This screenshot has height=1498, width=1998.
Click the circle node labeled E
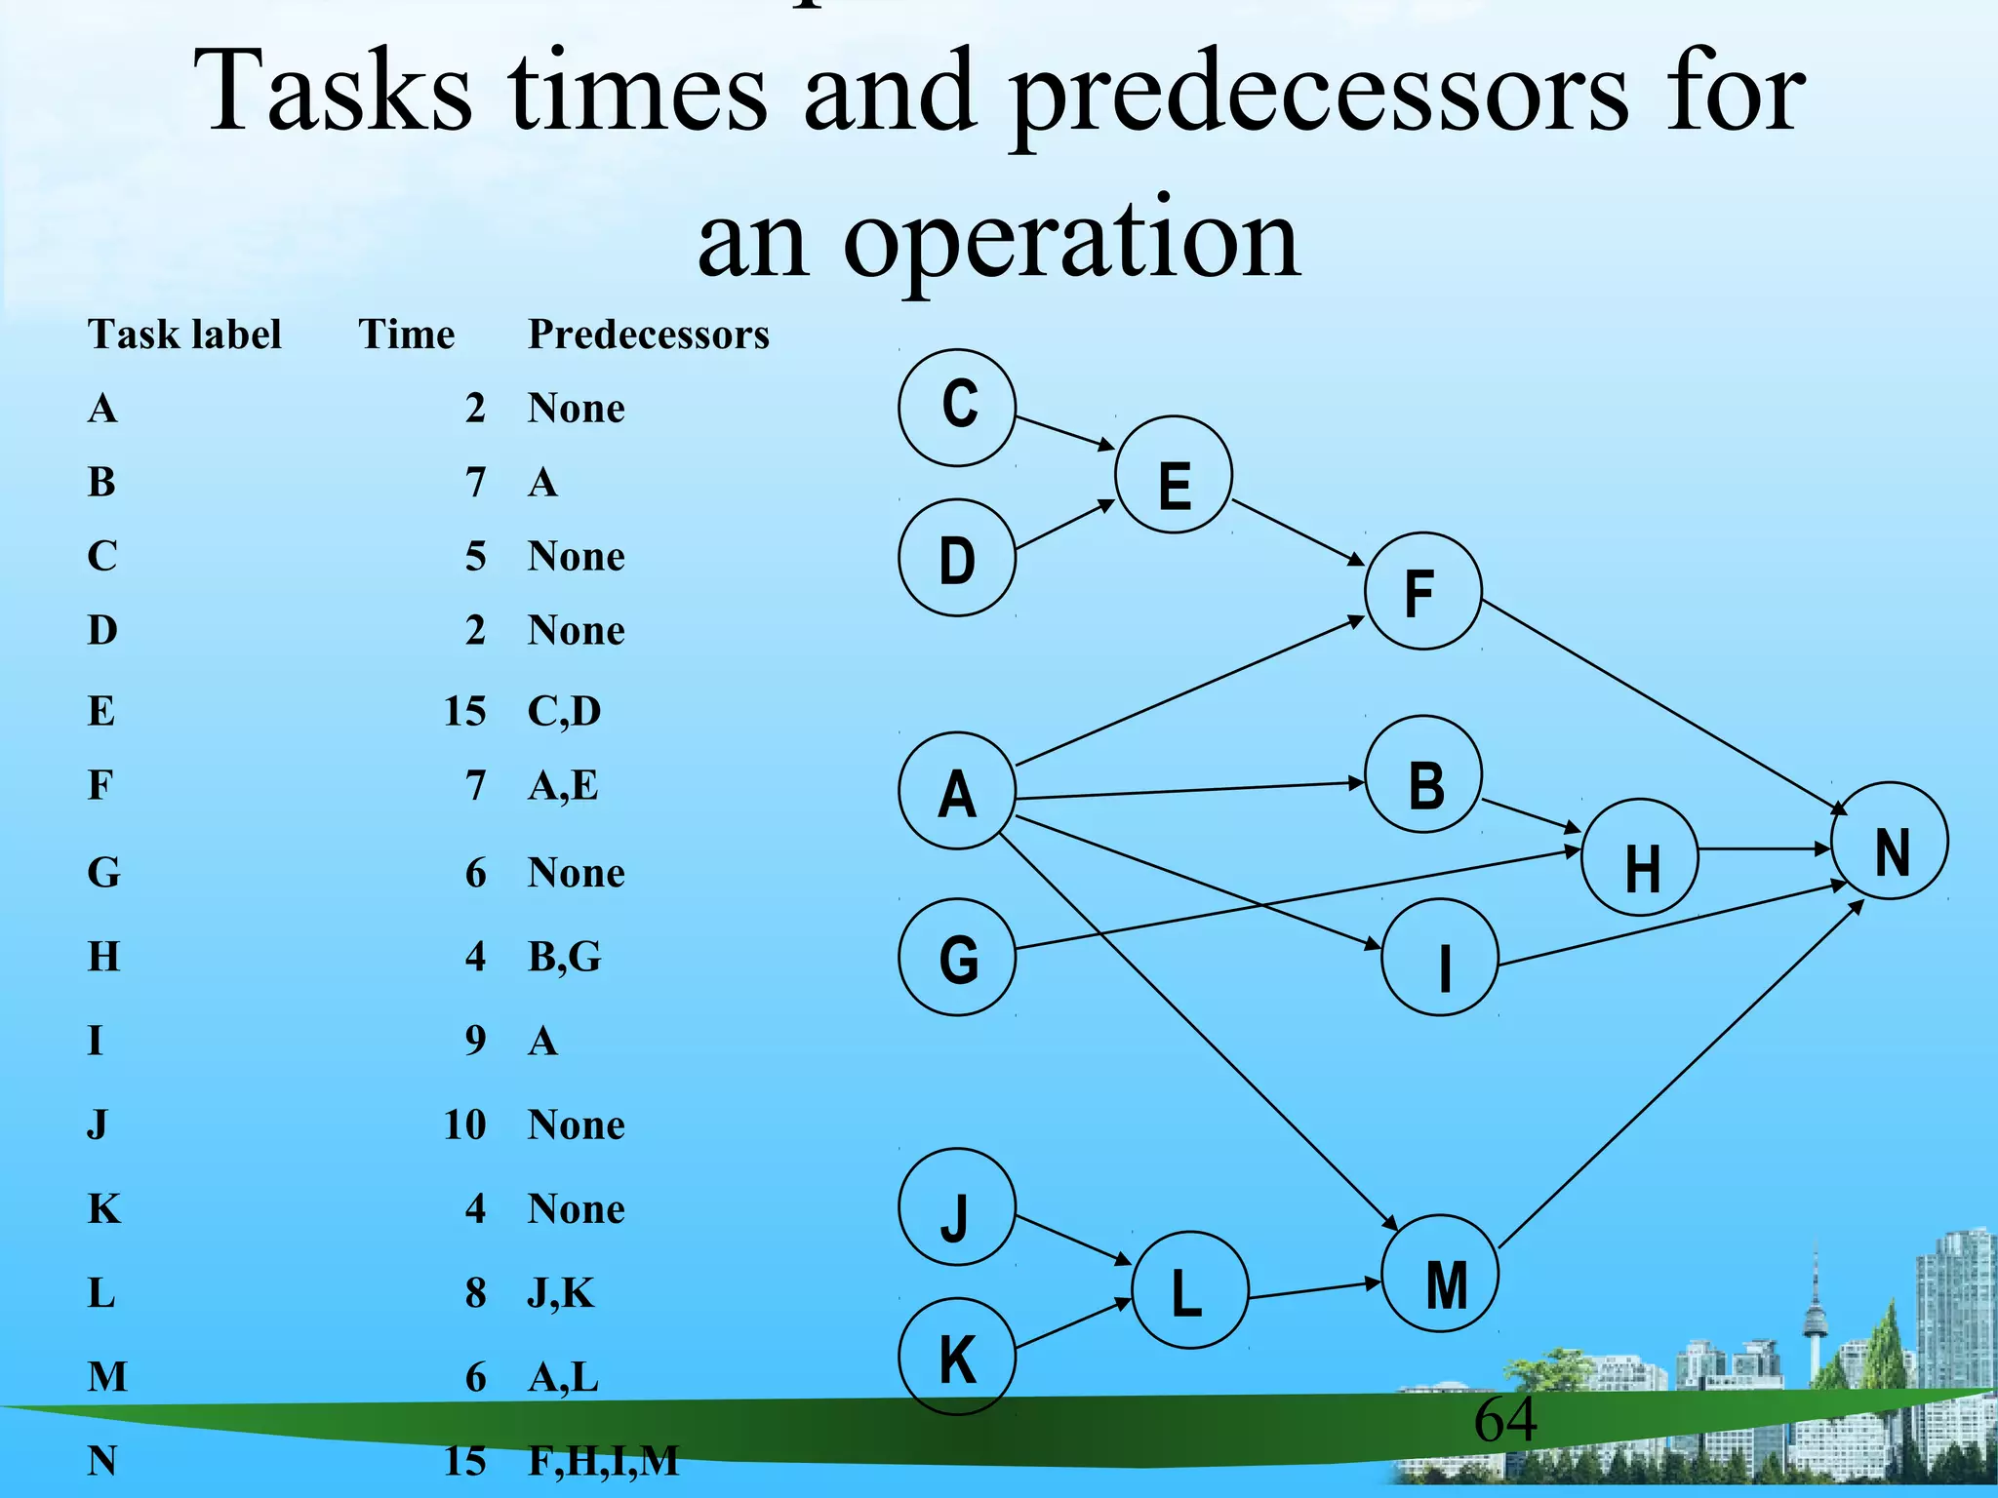point(1174,475)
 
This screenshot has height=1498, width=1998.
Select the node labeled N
point(1890,841)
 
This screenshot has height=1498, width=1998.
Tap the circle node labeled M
point(1441,1274)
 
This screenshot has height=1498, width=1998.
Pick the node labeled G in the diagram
point(957,957)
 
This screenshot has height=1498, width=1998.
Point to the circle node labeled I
point(1440,957)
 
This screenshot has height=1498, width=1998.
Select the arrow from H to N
point(1764,849)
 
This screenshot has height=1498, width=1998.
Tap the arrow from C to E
point(1064,432)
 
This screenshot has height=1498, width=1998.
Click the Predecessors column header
point(648,335)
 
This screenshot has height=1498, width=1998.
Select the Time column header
point(406,335)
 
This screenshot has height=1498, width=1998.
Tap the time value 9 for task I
point(475,1041)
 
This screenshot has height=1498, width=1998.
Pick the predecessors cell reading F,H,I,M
point(603,1461)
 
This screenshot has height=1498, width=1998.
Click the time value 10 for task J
point(464,1124)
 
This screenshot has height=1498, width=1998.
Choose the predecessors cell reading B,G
point(564,957)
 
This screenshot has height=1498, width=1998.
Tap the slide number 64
point(1504,1420)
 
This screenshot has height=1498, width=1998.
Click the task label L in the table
point(101,1293)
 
